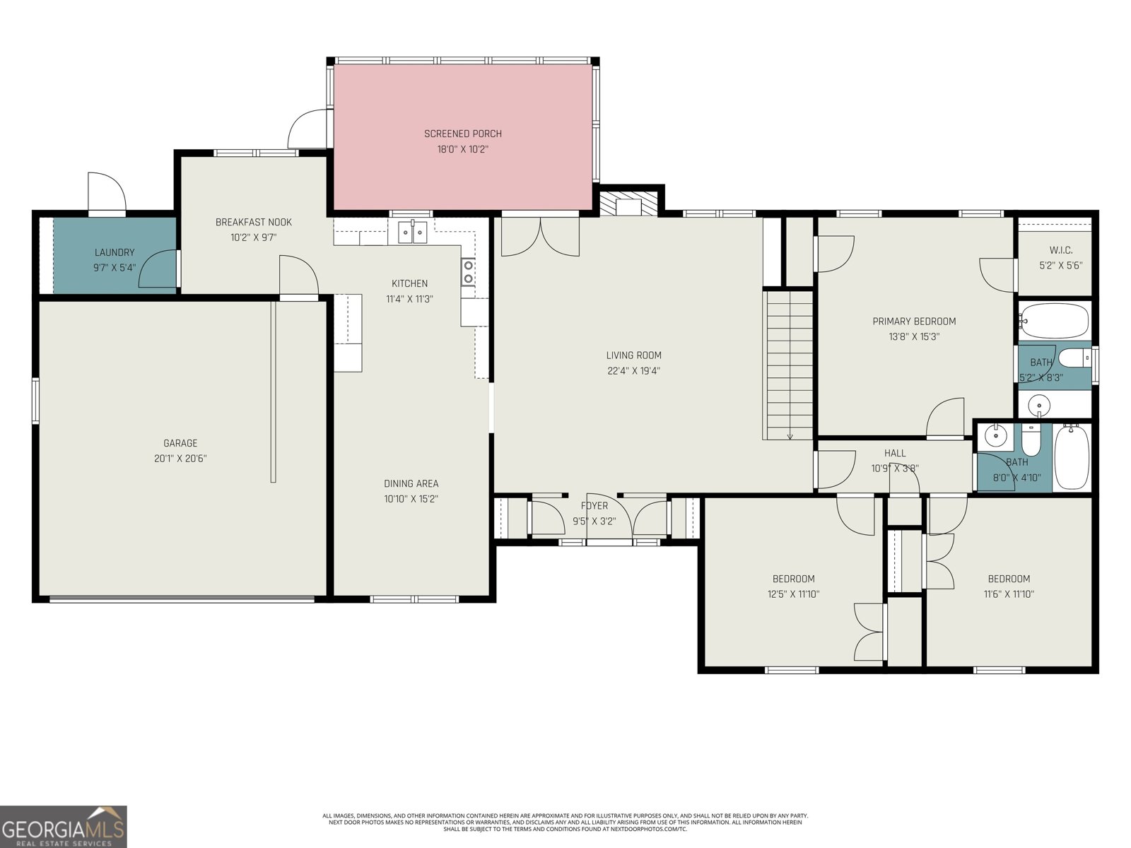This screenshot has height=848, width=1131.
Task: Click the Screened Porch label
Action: tap(463, 134)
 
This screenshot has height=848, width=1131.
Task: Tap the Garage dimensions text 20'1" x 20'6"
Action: tap(180, 459)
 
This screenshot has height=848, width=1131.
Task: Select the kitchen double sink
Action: tap(412, 231)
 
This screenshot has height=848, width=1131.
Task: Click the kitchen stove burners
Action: tap(468, 272)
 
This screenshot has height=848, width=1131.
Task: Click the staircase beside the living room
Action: tap(788, 364)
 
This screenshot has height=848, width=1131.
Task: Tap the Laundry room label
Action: tap(115, 252)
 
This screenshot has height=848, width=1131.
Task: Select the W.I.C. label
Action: tap(1060, 250)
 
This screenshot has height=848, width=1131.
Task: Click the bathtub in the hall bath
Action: tap(1072, 457)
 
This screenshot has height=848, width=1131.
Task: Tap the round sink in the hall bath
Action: tap(997, 435)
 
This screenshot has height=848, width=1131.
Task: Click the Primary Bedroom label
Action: tap(914, 322)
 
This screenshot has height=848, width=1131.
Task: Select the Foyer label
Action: tap(594, 506)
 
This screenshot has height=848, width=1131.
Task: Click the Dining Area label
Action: tap(411, 484)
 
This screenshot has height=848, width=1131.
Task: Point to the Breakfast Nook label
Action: tap(253, 222)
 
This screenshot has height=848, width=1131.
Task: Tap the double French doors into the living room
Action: tap(540, 237)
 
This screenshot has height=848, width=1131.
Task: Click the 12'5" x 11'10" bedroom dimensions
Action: tap(793, 594)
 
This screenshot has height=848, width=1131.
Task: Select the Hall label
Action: tap(894, 453)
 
